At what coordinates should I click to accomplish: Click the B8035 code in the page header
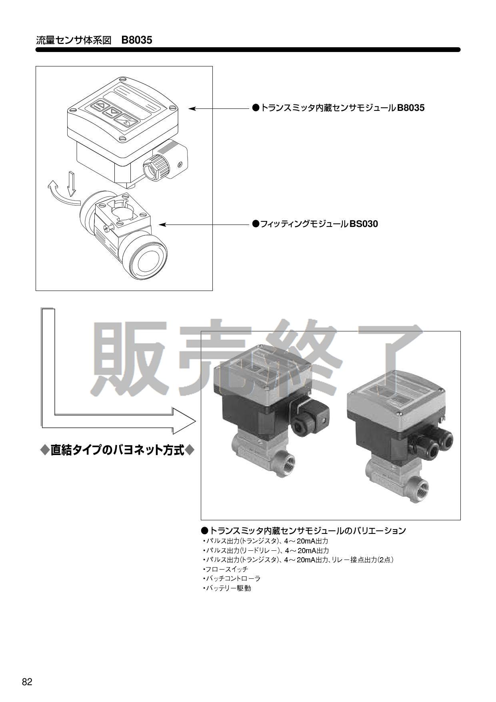(137, 40)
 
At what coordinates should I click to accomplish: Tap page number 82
(27, 682)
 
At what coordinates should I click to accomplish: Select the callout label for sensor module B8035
(338, 108)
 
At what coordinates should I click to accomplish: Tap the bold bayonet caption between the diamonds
(118, 450)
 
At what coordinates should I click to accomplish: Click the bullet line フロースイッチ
(226, 569)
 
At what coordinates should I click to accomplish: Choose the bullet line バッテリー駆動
(227, 588)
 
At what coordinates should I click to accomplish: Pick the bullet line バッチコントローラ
(232, 578)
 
